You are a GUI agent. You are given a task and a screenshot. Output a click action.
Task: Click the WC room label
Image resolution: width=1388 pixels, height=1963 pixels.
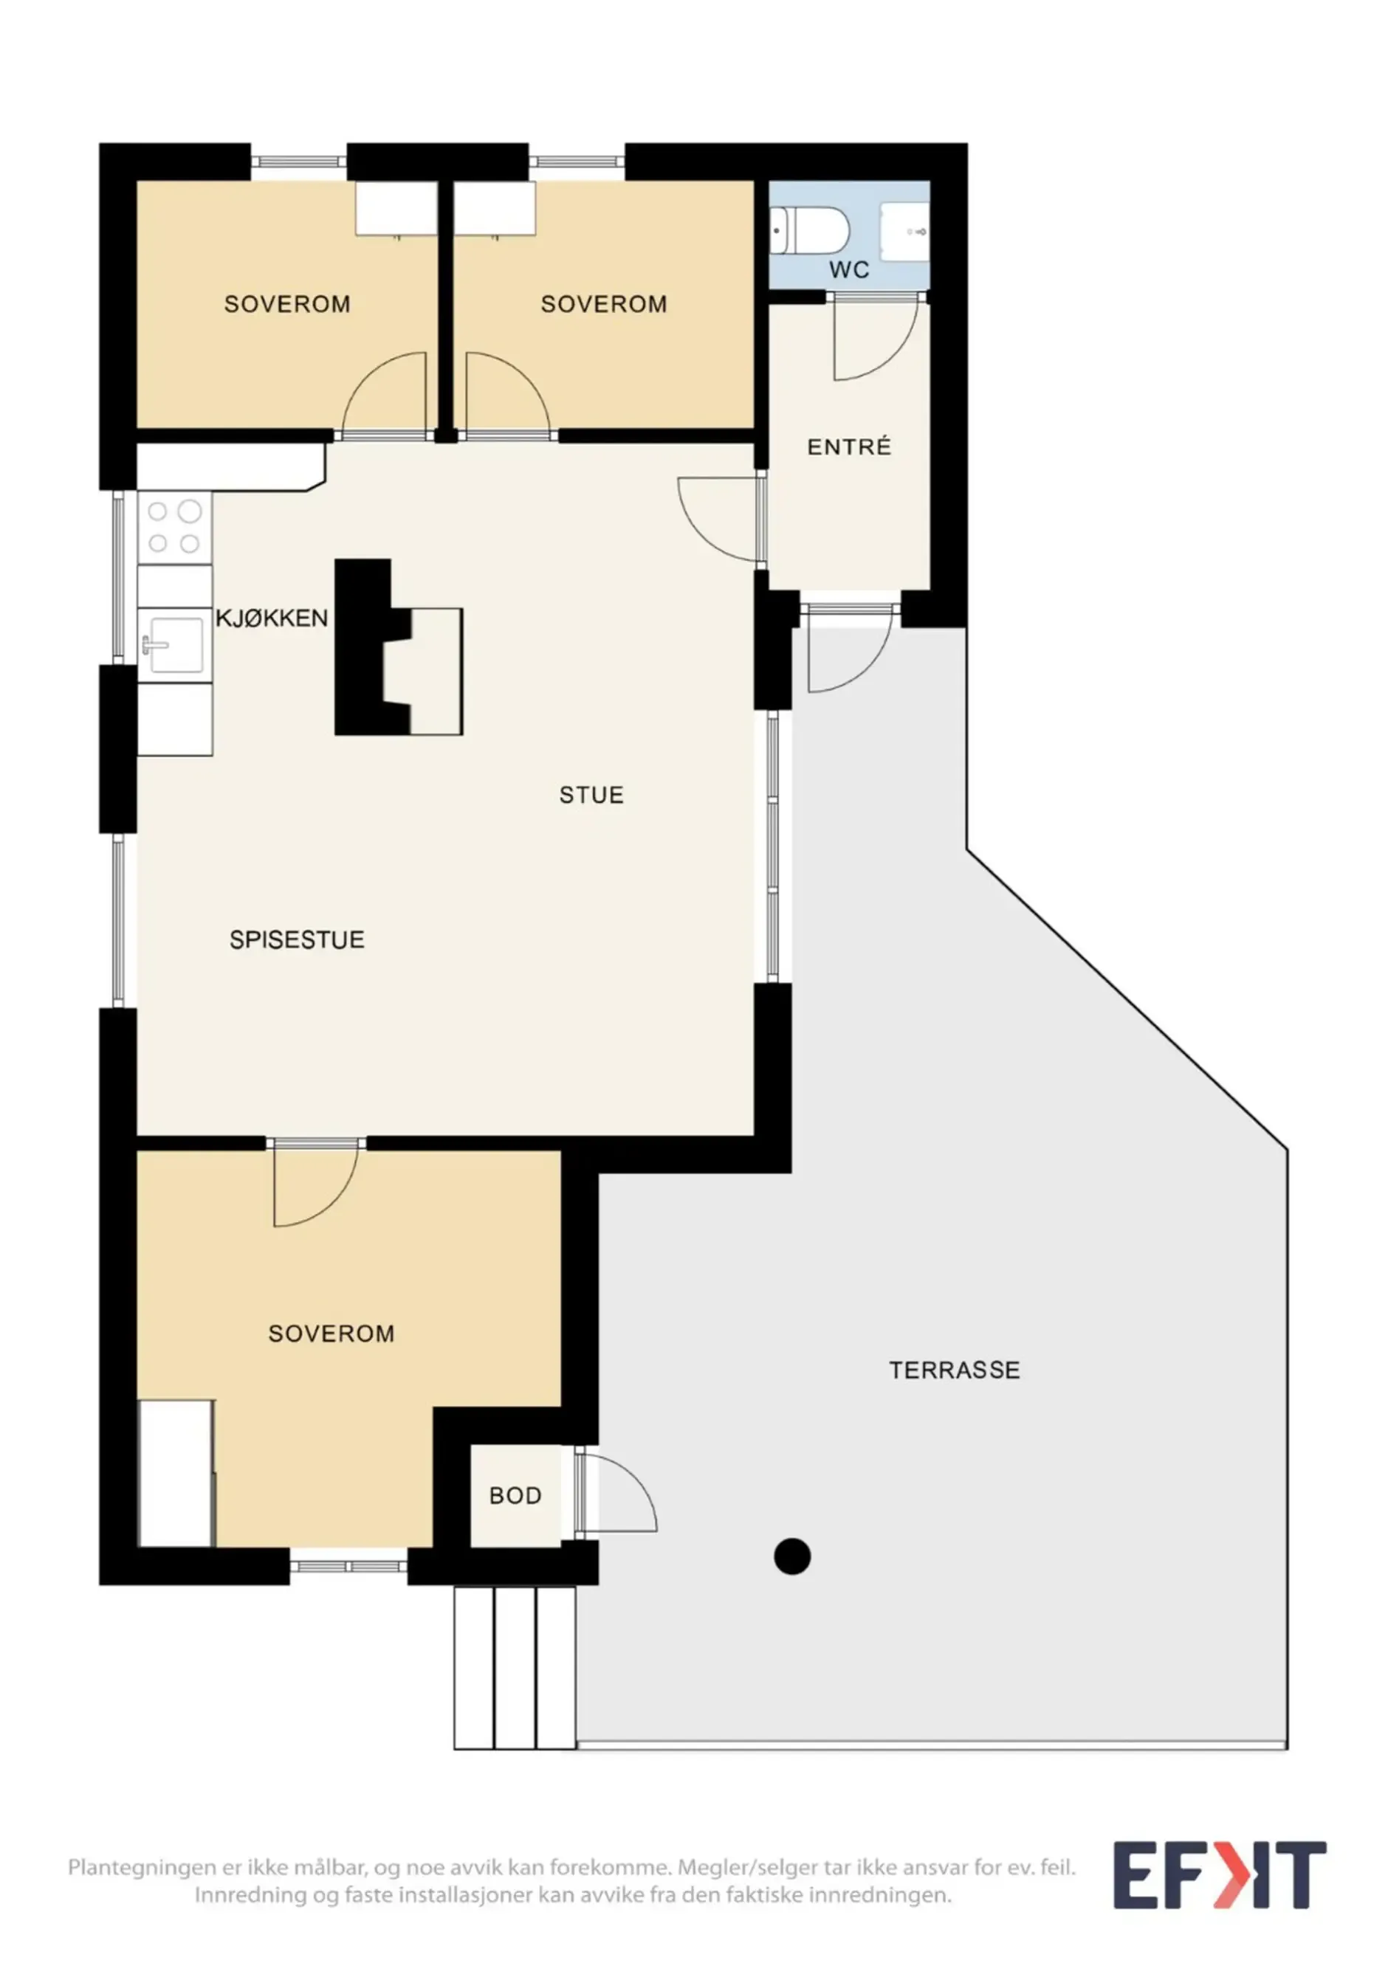point(848,270)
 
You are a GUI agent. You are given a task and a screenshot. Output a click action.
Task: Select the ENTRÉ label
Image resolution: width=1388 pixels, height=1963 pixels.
point(849,446)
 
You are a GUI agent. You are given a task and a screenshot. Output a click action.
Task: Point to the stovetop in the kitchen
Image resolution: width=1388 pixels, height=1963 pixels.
point(174,528)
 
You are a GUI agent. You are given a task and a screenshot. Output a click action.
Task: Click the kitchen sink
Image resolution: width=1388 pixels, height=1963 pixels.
point(174,645)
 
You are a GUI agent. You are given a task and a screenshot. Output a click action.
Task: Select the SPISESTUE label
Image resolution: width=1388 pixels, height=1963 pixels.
point(297,939)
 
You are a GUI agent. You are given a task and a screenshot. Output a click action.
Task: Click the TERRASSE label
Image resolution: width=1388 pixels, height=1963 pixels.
point(955,1370)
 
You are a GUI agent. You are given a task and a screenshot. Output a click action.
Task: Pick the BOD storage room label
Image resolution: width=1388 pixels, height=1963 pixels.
point(515,1495)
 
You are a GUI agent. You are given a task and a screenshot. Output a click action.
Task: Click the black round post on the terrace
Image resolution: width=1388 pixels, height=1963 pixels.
point(792,1556)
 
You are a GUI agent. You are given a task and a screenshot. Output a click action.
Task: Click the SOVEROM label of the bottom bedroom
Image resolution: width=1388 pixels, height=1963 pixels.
point(331,1334)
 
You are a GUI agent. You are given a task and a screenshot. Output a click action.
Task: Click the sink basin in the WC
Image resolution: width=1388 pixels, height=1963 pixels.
point(905,231)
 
